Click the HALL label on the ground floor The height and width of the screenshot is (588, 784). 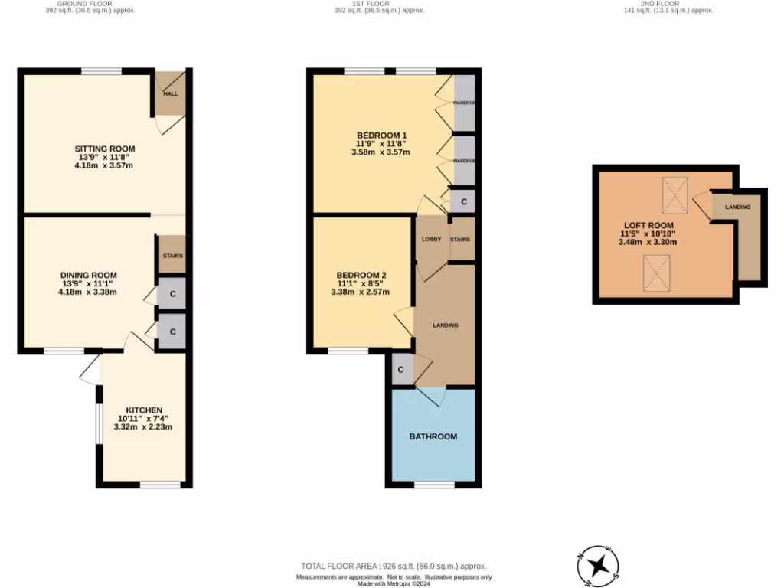[171, 93]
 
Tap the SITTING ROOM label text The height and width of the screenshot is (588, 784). [105, 149]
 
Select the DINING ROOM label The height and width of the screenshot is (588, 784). [89, 275]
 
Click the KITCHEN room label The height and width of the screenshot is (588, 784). [145, 410]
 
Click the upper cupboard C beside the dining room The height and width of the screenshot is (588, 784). [172, 294]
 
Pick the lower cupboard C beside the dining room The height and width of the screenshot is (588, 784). [172, 332]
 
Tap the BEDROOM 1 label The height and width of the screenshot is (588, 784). [381, 135]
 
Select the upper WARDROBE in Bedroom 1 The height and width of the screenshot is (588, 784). [464, 102]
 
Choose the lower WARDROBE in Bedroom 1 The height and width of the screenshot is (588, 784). [464, 161]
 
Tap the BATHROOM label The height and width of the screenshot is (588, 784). [433, 436]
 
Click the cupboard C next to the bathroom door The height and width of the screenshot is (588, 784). [401, 370]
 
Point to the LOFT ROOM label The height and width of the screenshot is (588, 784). [647, 225]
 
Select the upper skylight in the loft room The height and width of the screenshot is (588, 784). [675, 195]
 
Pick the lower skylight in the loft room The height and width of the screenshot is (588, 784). [655, 273]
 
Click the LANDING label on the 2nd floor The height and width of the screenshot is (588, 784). [738, 207]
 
